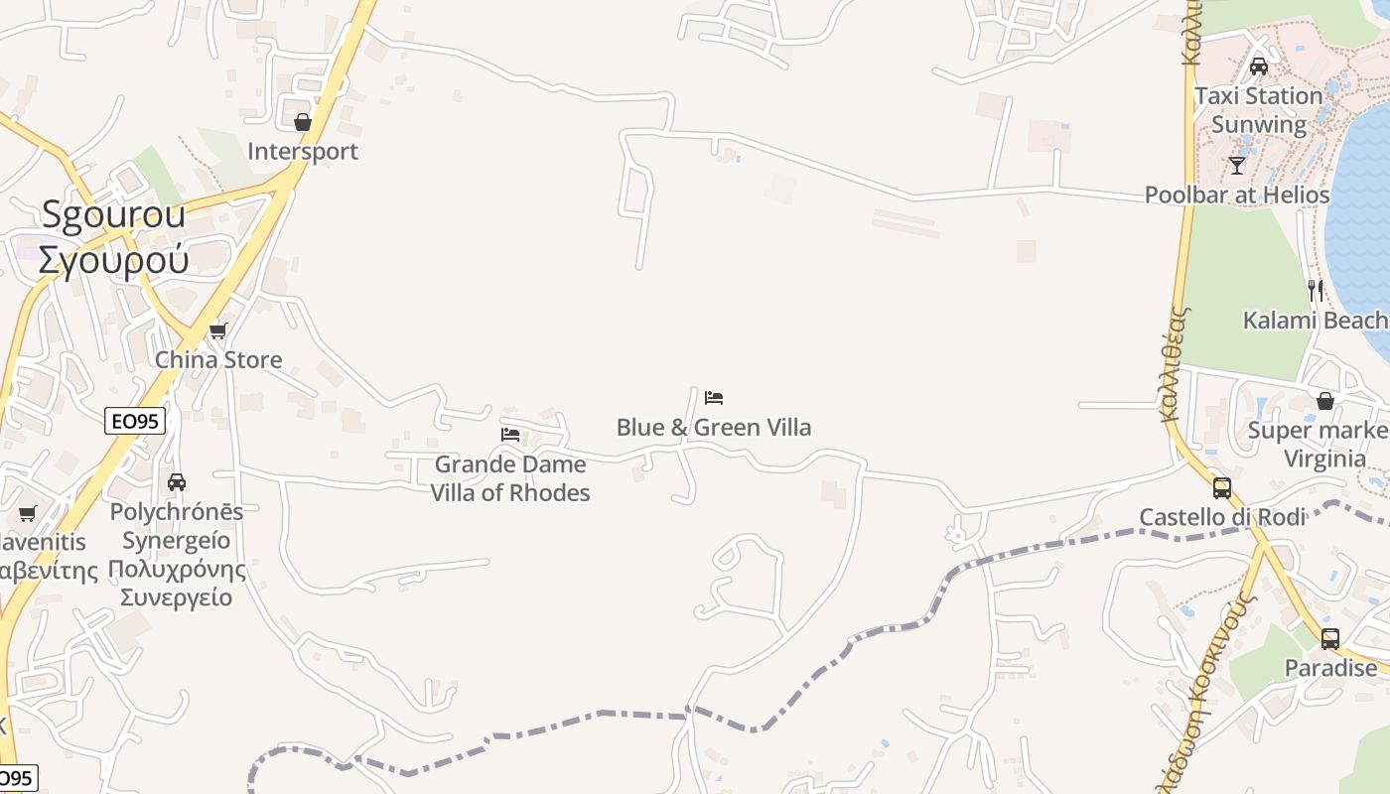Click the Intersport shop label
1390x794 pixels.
[302, 152]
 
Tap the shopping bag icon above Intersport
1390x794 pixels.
[303, 122]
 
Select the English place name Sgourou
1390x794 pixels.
[113, 214]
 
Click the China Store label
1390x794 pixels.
[218, 359]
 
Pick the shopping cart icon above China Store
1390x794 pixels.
[218, 331]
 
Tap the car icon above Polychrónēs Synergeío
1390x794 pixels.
[177, 482]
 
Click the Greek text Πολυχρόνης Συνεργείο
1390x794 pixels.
[177, 584]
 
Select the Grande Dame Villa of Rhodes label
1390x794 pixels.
[510, 478]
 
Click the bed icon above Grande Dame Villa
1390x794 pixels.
[510, 435]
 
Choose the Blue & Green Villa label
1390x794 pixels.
[714, 428]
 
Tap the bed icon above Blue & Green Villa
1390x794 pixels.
[714, 398]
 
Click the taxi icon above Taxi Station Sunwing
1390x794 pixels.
[1259, 66]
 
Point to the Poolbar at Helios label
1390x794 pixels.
[1237, 195]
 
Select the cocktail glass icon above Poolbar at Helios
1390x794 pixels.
[1237, 165]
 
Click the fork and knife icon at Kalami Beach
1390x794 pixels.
[1316, 290]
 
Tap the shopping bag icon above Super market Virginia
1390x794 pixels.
[1325, 401]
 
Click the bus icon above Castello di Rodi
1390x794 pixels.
[1222, 488]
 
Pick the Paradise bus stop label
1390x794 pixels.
[1330, 668]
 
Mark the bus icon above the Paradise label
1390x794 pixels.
[1330, 639]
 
